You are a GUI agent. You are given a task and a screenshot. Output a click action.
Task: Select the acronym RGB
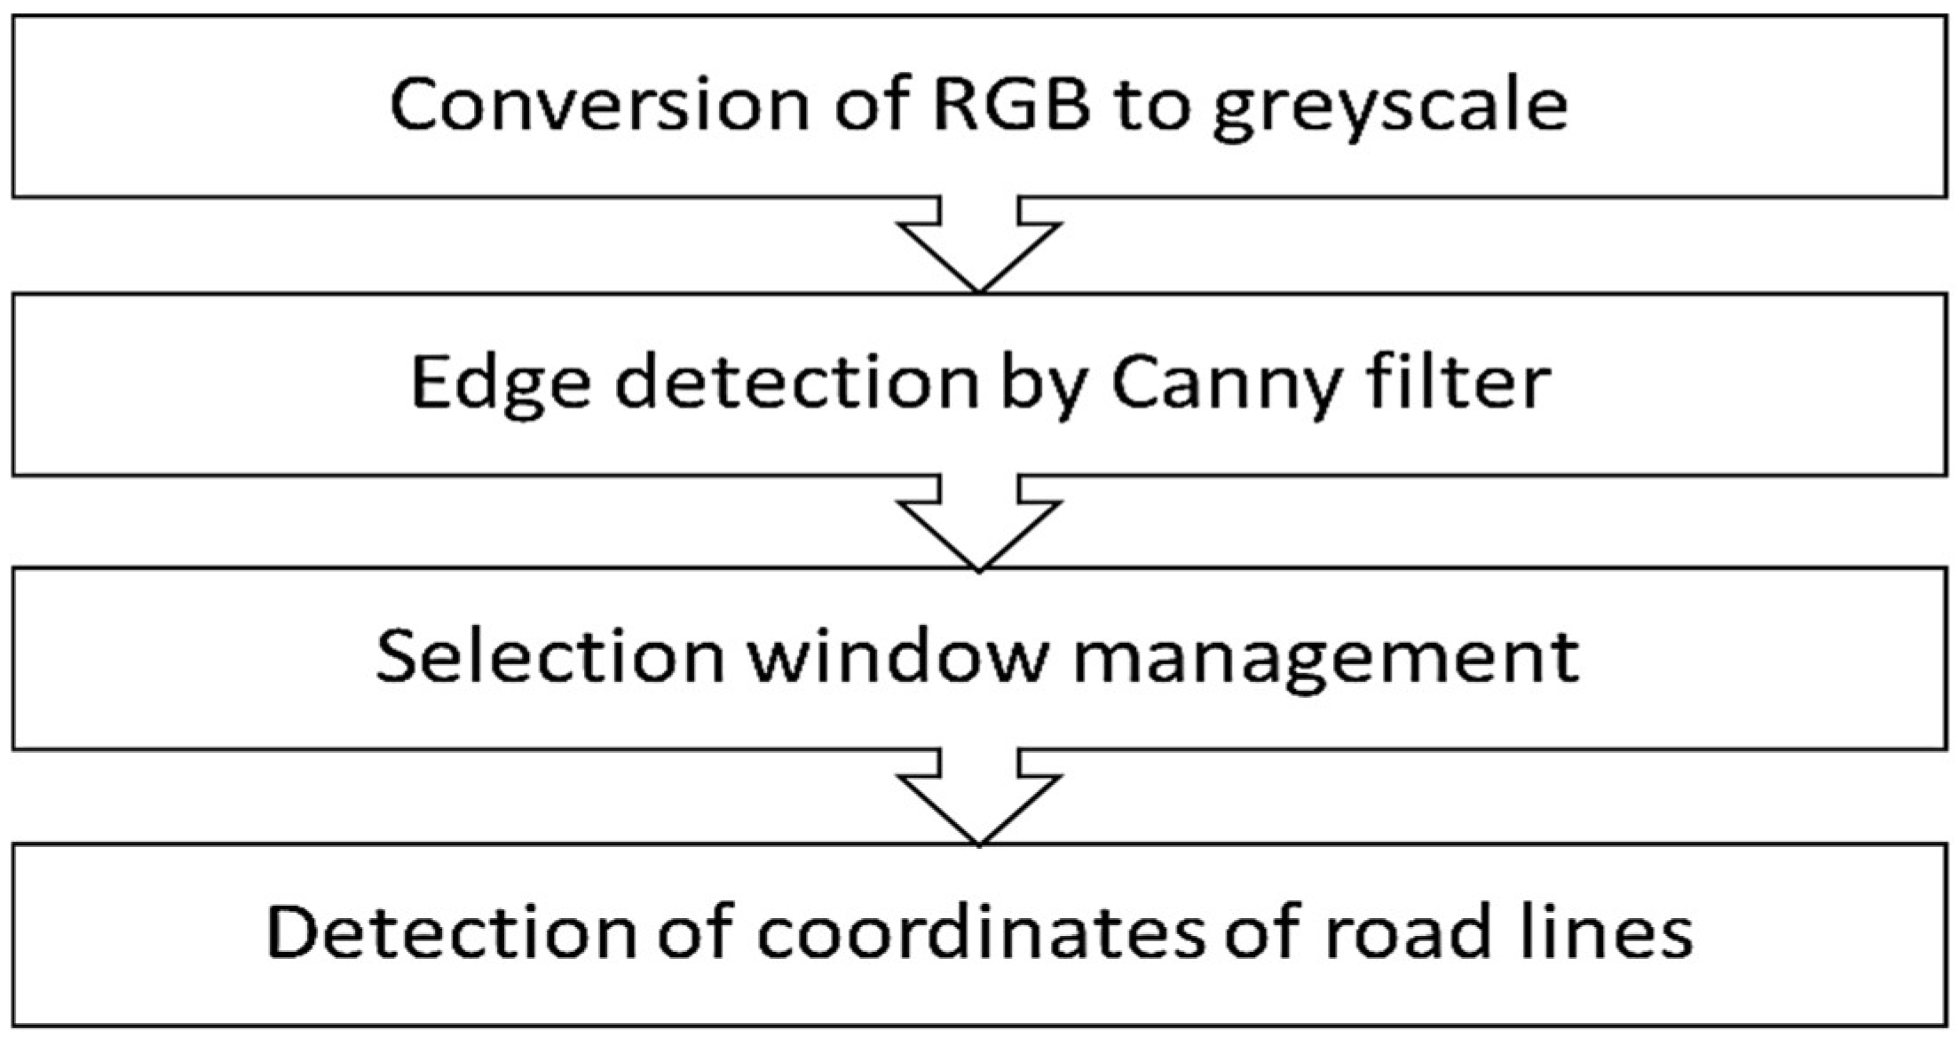tap(1010, 105)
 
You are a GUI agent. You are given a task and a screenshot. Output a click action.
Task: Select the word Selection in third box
tap(550, 657)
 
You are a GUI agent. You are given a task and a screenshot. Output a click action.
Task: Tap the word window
tap(899, 657)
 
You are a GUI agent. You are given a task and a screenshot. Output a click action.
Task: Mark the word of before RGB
tap(872, 105)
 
